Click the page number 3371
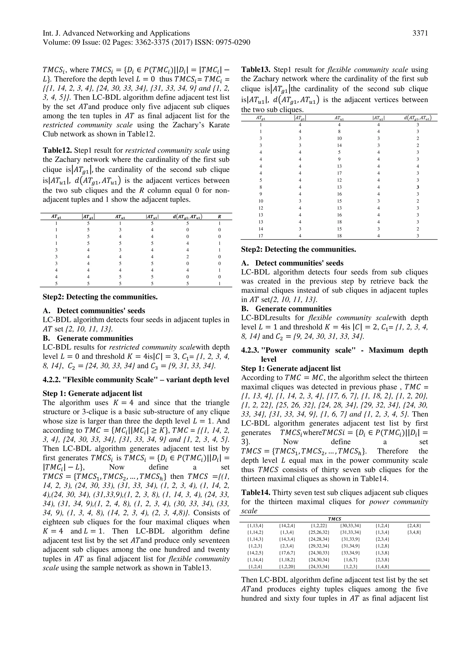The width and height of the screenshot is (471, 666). (420, 33)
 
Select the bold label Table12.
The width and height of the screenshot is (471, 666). (57, 150)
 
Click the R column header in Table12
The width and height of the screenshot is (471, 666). (219, 216)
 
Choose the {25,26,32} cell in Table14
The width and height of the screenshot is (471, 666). (319, 532)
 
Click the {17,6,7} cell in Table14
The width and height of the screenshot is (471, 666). (287, 553)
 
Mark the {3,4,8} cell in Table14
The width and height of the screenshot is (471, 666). (414, 532)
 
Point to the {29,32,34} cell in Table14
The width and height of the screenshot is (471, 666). (319, 546)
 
